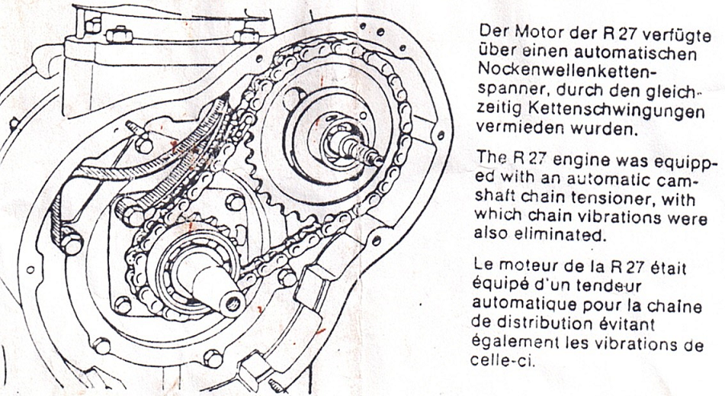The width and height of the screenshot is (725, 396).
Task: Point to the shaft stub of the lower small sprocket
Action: [x=216, y=284]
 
